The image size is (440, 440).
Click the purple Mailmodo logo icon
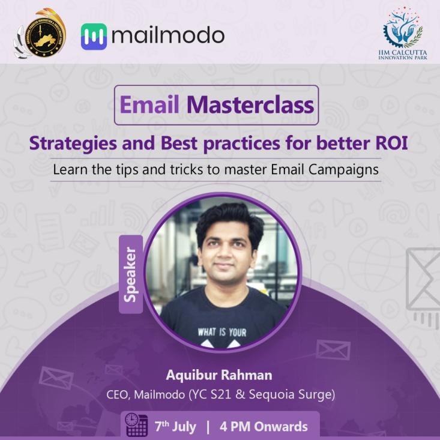coord(94,36)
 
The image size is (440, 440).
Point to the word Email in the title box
coord(149,105)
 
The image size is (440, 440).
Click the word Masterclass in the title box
coord(250,105)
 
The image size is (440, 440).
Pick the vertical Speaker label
coord(131,274)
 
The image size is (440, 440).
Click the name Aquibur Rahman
coord(219,375)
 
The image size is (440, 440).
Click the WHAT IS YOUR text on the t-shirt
coord(222,331)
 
